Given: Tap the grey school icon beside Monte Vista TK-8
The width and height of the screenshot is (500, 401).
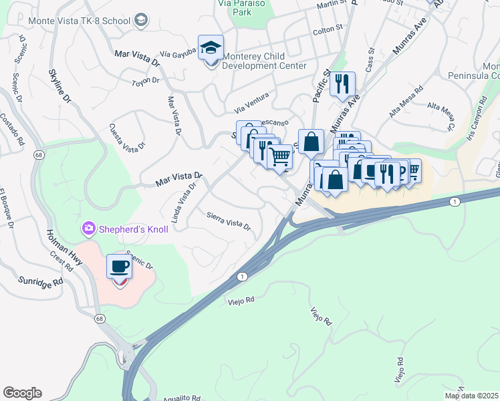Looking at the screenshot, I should click(141, 21).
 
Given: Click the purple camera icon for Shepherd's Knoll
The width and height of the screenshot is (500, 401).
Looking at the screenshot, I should click(88, 229).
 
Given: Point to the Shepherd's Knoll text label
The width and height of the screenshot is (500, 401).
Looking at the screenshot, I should click(134, 229).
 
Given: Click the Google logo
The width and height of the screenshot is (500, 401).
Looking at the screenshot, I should click(22, 393).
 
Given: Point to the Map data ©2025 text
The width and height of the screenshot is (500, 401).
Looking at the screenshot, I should click(471, 396).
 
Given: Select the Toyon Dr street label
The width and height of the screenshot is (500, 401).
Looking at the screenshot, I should click(146, 82).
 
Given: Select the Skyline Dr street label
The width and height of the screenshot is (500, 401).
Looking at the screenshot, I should click(59, 86).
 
